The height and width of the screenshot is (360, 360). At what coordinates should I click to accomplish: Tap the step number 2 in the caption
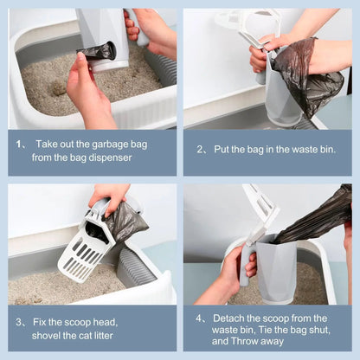pyautogui.click(x=201, y=150)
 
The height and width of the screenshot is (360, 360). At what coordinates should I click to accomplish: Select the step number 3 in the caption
pyautogui.click(x=19, y=322)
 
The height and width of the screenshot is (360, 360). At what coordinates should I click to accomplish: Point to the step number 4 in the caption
pyautogui.click(x=200, y=318)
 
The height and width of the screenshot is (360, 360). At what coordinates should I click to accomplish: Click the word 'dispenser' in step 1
pyautogui.click(x=104, y=157)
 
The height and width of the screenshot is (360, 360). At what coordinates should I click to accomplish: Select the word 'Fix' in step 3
pyautogui.click(x=42, y=322)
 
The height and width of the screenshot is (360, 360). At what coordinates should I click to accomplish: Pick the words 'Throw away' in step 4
pyautogui.click(x=258, y=342)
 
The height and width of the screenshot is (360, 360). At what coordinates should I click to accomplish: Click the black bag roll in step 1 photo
pyautogui.click(x=98, y=52)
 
